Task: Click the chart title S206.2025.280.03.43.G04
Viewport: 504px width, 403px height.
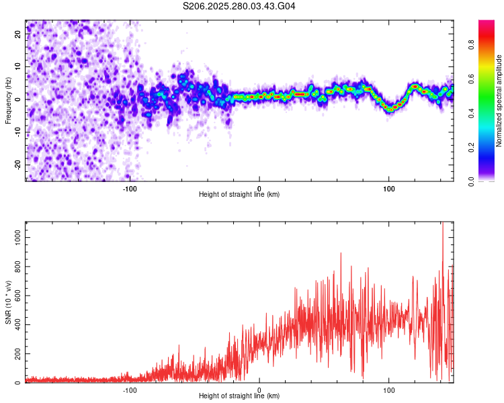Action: (x=239, y=6)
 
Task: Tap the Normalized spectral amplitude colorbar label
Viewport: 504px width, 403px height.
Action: (x=499, y=101)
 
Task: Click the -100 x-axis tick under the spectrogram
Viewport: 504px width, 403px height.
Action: (x=130, y=188)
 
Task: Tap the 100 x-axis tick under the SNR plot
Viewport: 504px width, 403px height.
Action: (x=388, y=390)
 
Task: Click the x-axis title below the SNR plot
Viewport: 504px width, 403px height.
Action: (x=239, y=397)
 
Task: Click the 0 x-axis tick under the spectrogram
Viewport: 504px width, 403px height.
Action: (x=259, y=188)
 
